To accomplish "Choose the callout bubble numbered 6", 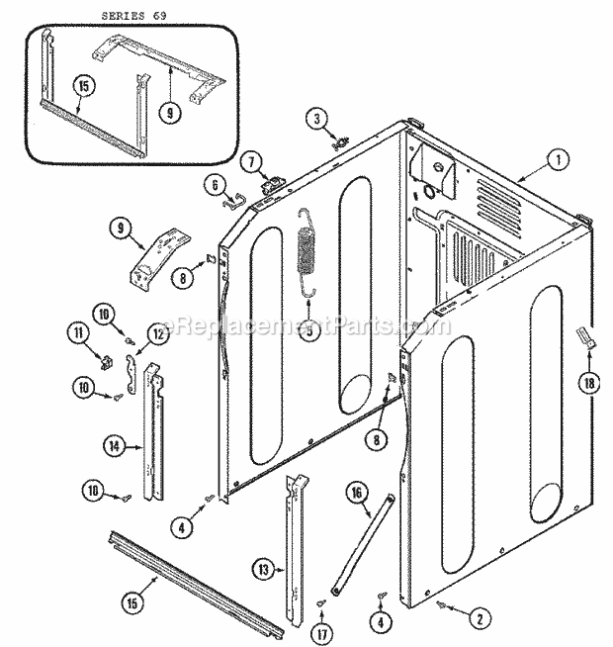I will (214, 183).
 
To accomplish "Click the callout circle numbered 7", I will (250, 159).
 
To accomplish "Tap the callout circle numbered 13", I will (262, 570).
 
